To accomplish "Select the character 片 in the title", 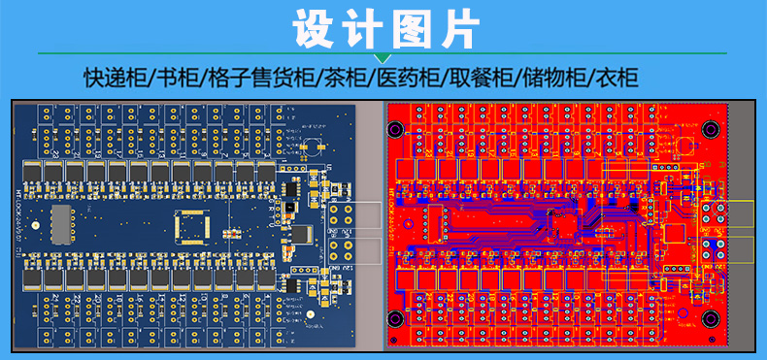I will pyautogui.click(x=455, y=29).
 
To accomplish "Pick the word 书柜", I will pyautogui.click(x=177, y=78).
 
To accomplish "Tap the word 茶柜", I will pyautogui.click(x=345, y=78).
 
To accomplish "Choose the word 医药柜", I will pyautogui.click(x=408, y=78).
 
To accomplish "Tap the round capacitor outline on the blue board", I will pyautogui.click(x=313, y=148).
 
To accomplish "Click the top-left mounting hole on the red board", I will pyautogui.click(x=396, y=128).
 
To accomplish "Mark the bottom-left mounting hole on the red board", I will pyautogui.click(x=396, y=319).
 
